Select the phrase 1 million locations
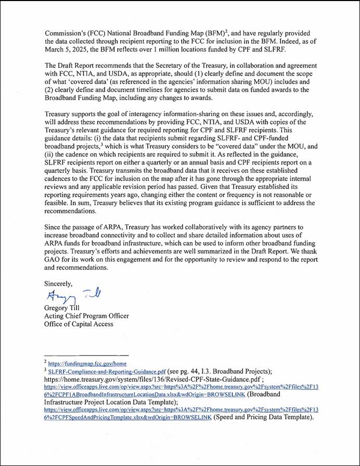170,49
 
